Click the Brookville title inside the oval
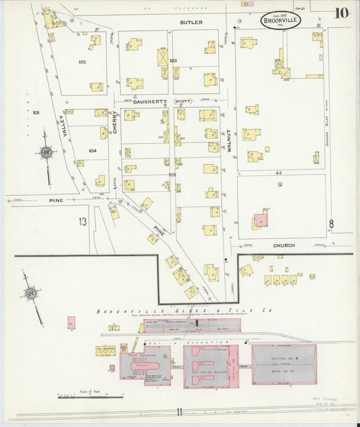click(x=281, y=20)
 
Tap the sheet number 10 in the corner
click(x=341, y=13)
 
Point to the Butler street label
click(x=191, y=22)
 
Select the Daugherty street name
click(x=149, y=101)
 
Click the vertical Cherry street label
click(x=115, y=122)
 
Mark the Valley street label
click(x=66, y=126)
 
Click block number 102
click(x=82, y=61)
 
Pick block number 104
click(x=92, y=151)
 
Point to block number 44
click(x=278, y=173)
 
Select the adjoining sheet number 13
click(x=82, y=222)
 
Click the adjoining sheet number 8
click(x=331, y=224)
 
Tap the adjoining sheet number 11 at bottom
click(x=180, y=411)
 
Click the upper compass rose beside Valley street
click(x=46, y=153)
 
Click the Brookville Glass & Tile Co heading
click(x=184, y=311)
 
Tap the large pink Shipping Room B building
click(x=284, y=365)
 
